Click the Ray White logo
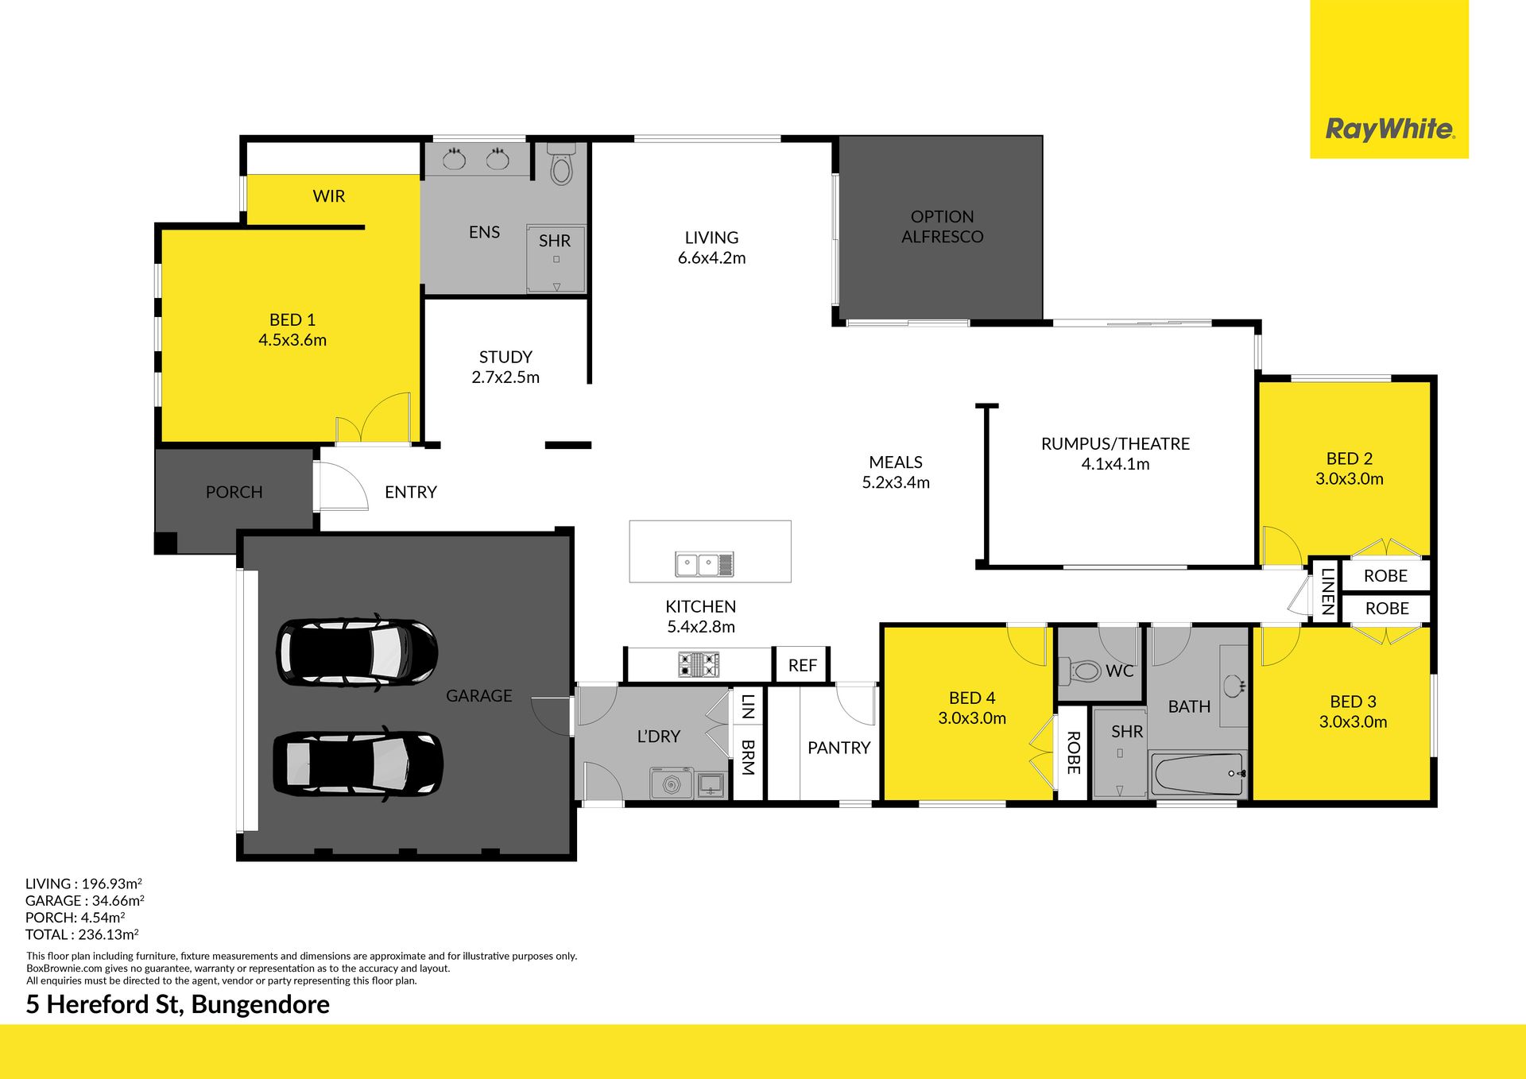[x=1389, y=129]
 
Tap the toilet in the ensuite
[x=561, y=164]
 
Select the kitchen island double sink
[x=704, y=564]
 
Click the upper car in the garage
[x=357, y=651]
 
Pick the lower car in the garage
[x=358, y=763]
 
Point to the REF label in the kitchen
[x=803, y=666]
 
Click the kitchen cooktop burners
[x=699, y=664]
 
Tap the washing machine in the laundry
[x=672, y=783]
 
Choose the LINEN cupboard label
[x=1327, y=590]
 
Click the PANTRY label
[x=839, y=748]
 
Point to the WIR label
[x=329, y=196]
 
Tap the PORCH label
[x=234, y=493]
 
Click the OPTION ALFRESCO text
[x=942, y=226]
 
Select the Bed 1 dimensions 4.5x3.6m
[x=292, y=340]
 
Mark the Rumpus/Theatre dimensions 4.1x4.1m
[x=1115, y=464]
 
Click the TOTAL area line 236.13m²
[x=82, y=934]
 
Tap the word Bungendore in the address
[x=261, y=1004]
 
